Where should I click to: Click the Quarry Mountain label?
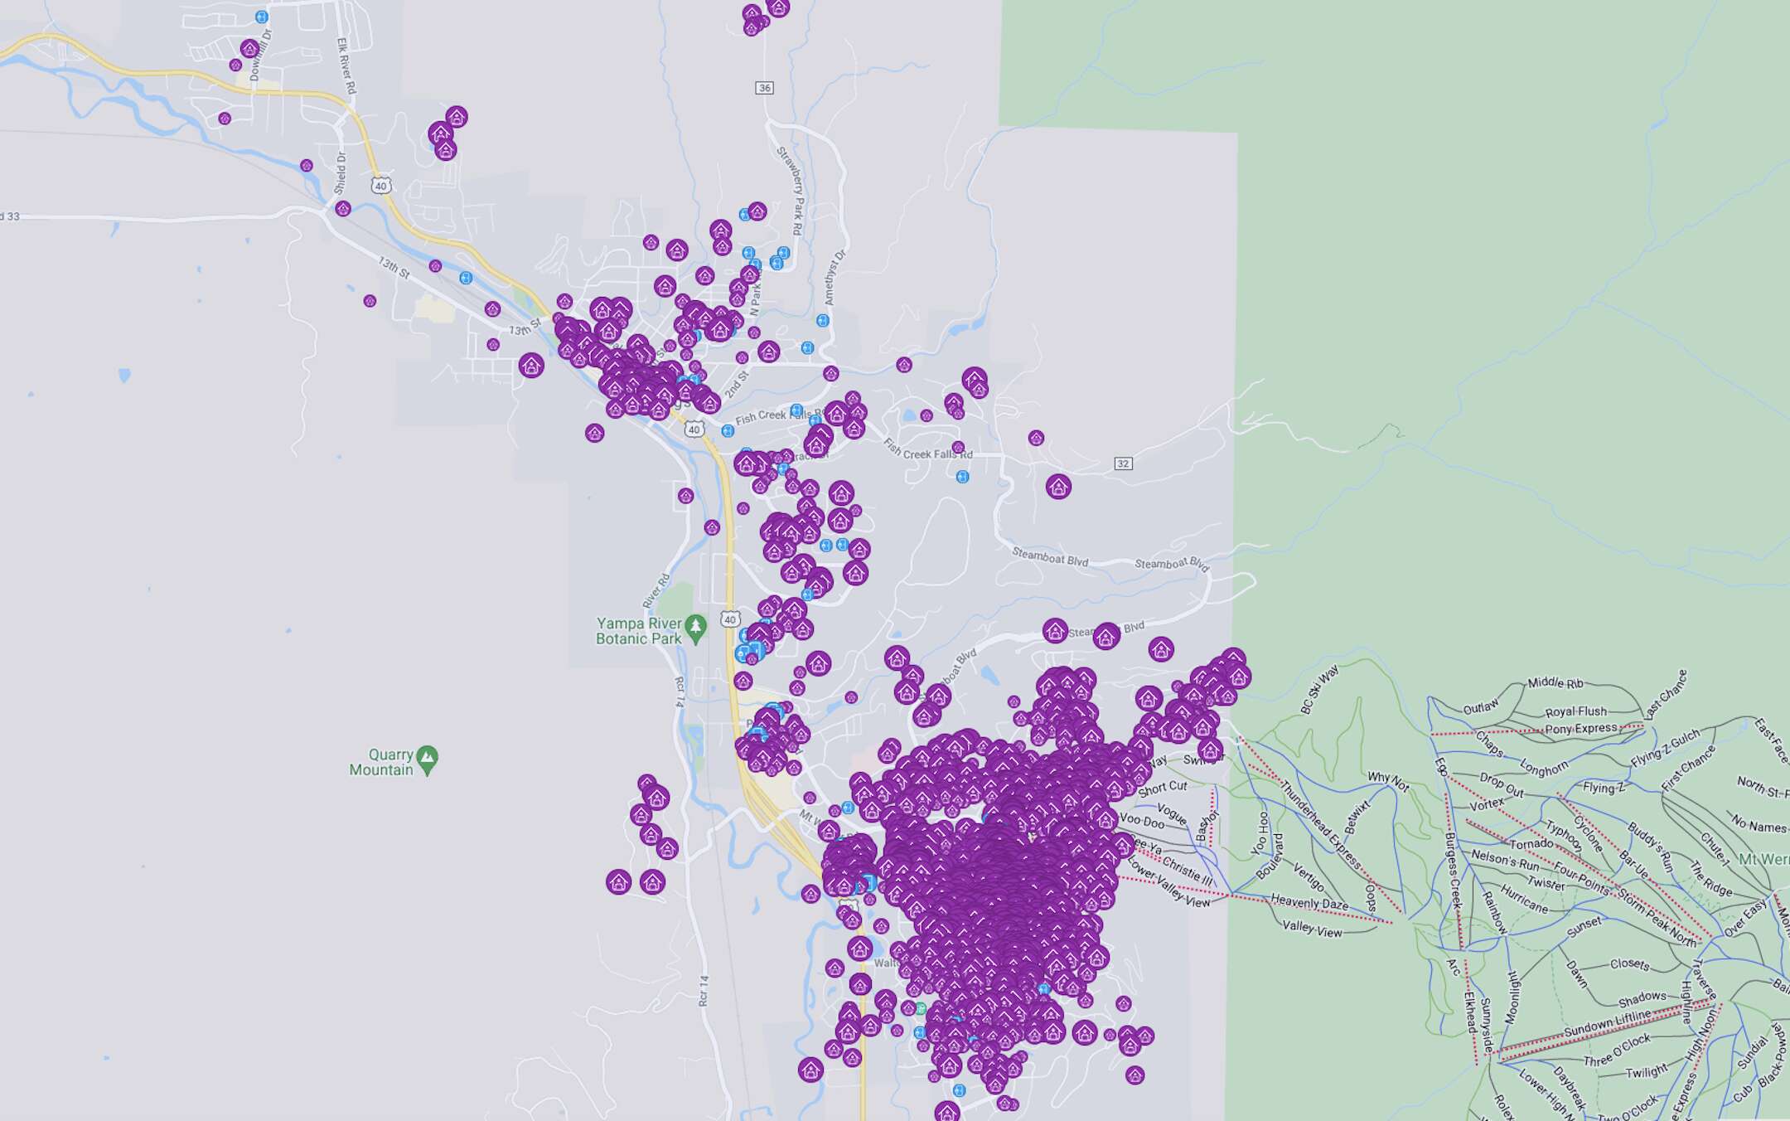(380, 762)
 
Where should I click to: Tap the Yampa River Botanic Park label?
(639, 631)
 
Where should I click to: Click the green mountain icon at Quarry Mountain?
(428, 757)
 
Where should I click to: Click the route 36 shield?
(764, 88)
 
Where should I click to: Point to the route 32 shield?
(1123, 463)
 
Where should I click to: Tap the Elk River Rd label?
(346, 66)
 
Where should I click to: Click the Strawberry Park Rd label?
(791, 190)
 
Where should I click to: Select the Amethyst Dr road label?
(835, 277)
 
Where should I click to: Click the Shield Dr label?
(341, 172)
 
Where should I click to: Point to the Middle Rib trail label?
(1555, 682)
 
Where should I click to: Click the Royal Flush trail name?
(1575, 711)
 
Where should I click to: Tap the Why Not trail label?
(1388, 781)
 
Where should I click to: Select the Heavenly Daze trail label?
(1309, 903)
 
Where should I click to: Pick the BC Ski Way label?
(1318, 690)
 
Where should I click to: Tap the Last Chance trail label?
(1666, 694)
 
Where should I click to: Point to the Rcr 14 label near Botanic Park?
(680, 692)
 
